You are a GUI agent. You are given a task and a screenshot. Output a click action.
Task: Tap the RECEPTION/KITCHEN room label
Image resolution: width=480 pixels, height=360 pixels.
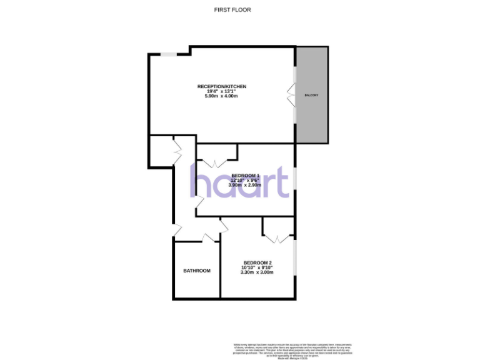222,86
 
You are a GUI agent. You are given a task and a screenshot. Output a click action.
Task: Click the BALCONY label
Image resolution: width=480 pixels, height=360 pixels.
311,95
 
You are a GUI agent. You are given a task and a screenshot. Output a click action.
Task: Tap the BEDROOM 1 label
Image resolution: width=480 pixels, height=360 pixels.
245,175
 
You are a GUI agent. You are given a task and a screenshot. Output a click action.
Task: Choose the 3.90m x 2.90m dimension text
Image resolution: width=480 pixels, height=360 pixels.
245,186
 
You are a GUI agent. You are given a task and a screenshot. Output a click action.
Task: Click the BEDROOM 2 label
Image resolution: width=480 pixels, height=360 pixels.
257,262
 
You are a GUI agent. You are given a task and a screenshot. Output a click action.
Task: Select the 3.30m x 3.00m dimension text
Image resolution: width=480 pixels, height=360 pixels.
257,272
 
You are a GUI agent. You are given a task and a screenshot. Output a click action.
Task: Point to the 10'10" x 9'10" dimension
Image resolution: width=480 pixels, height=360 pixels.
257,267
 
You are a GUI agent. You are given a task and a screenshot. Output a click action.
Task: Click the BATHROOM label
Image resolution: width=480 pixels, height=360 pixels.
197,271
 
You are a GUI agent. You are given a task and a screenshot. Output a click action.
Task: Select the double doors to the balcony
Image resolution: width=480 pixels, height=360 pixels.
292,95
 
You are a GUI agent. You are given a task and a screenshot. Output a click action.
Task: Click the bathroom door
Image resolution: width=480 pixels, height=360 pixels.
209,237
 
